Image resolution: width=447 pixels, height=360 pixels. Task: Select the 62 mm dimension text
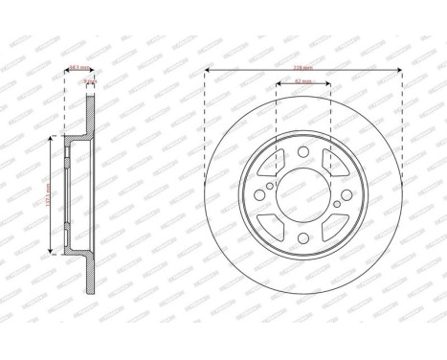tap(303, 83)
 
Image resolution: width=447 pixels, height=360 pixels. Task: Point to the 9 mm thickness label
tap(88, 83)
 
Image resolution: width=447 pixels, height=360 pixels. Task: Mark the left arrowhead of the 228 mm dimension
tap(208, 74)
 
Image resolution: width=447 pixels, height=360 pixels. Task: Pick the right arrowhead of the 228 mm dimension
tap(399, 74)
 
